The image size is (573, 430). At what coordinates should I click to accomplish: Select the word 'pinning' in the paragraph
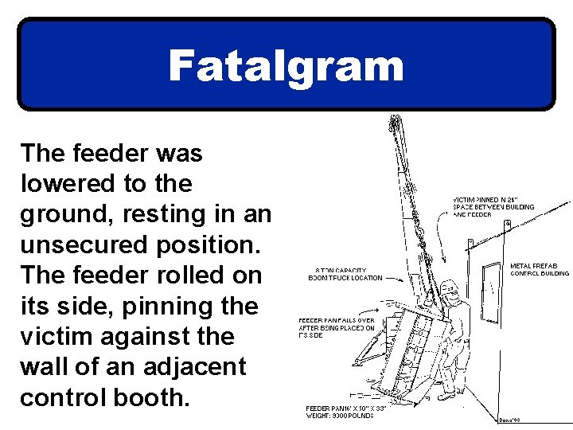point(200,306)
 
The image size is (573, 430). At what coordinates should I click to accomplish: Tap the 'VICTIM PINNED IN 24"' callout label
point(488,199)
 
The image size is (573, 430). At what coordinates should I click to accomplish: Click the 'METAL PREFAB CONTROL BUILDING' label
point(540,269)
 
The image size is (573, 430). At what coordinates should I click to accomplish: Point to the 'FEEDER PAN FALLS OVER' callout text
point(336,320)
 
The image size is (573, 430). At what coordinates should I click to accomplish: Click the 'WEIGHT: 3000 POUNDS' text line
point(340,416)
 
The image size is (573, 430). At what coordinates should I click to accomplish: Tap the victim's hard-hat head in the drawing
point(449,287)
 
